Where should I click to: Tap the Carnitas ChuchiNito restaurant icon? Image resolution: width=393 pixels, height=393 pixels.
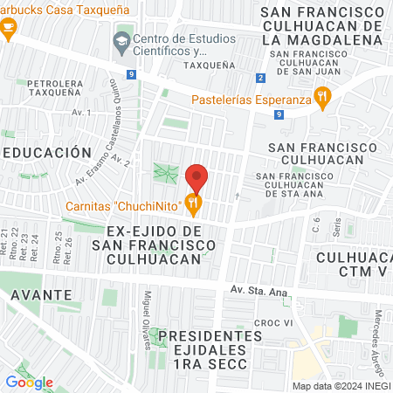pyautogui.click(x=194, y=205)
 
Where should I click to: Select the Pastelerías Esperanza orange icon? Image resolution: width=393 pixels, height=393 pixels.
pyautogui.click(x=322, y=98)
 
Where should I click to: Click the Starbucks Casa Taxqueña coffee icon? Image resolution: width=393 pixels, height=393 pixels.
pyautogui.click(x=8, y=30)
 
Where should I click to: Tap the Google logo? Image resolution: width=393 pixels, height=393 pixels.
pyautogui.click(x=29, y=382)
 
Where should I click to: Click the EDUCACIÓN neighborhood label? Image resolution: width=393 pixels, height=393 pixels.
pyautogui.click(x=47, y=152)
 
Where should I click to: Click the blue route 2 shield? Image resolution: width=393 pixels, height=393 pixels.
pyautogui.click(x=260, y=78)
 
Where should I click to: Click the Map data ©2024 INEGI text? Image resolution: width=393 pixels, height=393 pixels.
pyautogui.click(x=340, y=386)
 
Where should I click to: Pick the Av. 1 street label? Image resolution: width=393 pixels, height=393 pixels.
pyautogui.click(x=82, y=113)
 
